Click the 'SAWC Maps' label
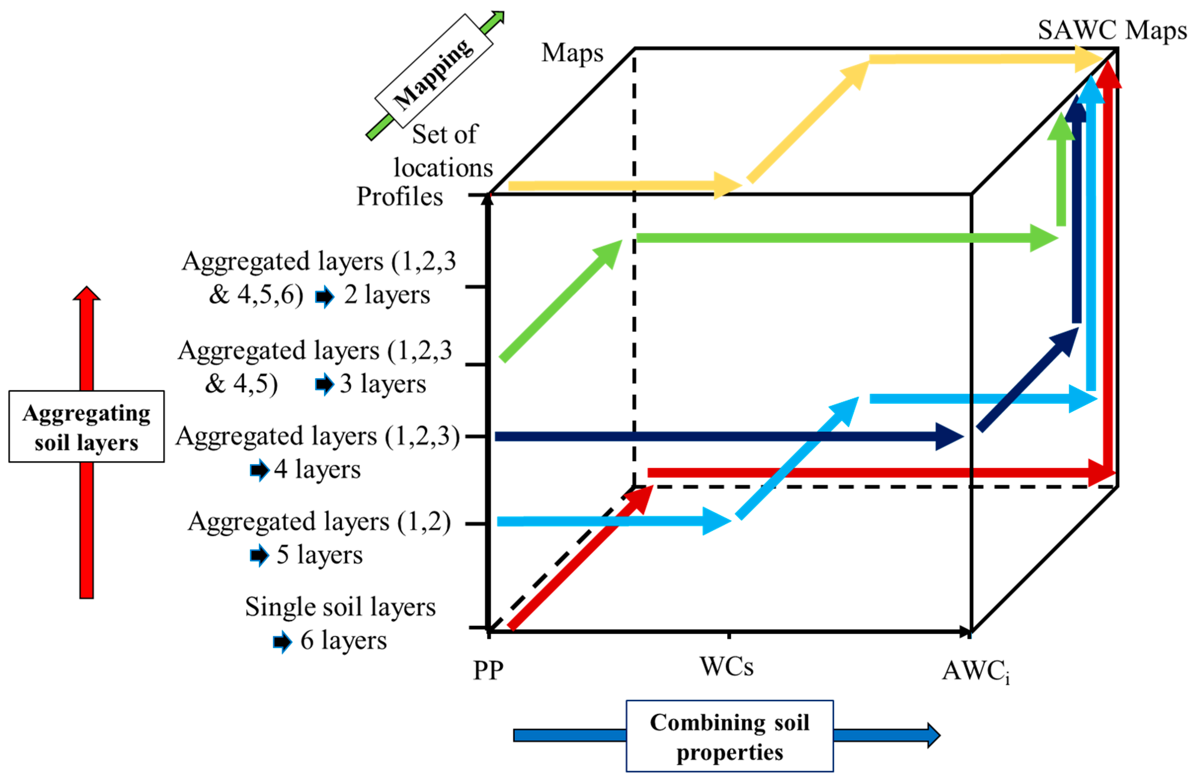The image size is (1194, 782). [1112, 30]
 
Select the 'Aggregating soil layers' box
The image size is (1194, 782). [86, 427]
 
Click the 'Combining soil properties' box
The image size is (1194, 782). [729, 736]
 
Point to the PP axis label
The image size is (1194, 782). [488, 670]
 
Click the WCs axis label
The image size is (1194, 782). [726, 667]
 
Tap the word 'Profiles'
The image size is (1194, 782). [400, 197]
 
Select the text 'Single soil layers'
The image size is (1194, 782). [340, 607]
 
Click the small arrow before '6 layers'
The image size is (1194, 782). [282, 642]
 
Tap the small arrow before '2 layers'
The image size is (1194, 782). [325, 296]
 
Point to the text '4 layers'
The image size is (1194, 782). [317, 470]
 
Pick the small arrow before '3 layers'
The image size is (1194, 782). [325, 385]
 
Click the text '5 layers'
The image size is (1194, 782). [319, 555]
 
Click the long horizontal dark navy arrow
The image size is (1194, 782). [728, 437]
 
